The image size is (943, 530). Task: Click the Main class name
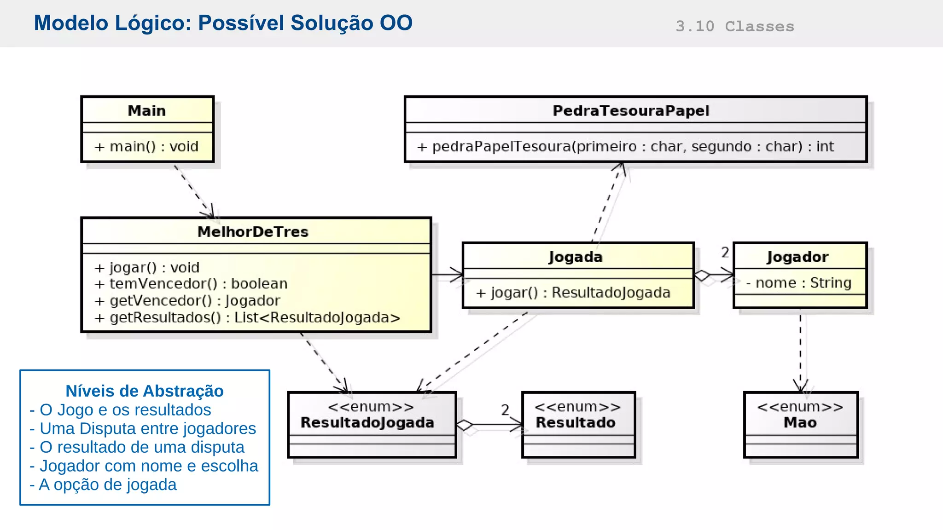[146, 111]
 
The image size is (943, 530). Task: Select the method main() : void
[146, 147]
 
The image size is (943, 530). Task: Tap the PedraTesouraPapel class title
[631, 111]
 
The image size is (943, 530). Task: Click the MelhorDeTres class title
[253, 232]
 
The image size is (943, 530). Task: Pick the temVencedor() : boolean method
[191, 284]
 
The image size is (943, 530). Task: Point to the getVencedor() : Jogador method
[187, 301]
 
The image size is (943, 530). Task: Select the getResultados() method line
[247, 318]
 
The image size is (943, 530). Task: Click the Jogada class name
[576, 257]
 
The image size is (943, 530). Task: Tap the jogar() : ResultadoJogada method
[573, 293]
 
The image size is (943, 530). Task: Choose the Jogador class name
[797, 257]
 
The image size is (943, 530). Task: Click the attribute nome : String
[799, 283]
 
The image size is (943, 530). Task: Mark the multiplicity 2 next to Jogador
[725, 253]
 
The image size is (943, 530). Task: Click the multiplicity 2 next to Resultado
[505, 409]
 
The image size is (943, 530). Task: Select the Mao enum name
[800, 423]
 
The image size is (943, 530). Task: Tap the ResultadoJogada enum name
[367, 423]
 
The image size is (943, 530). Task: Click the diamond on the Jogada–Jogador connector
[702, 276]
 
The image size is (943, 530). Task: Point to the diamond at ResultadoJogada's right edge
[465, 425]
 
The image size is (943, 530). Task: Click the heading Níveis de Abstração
[145, 391]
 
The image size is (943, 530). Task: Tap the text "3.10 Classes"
[735, 27]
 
